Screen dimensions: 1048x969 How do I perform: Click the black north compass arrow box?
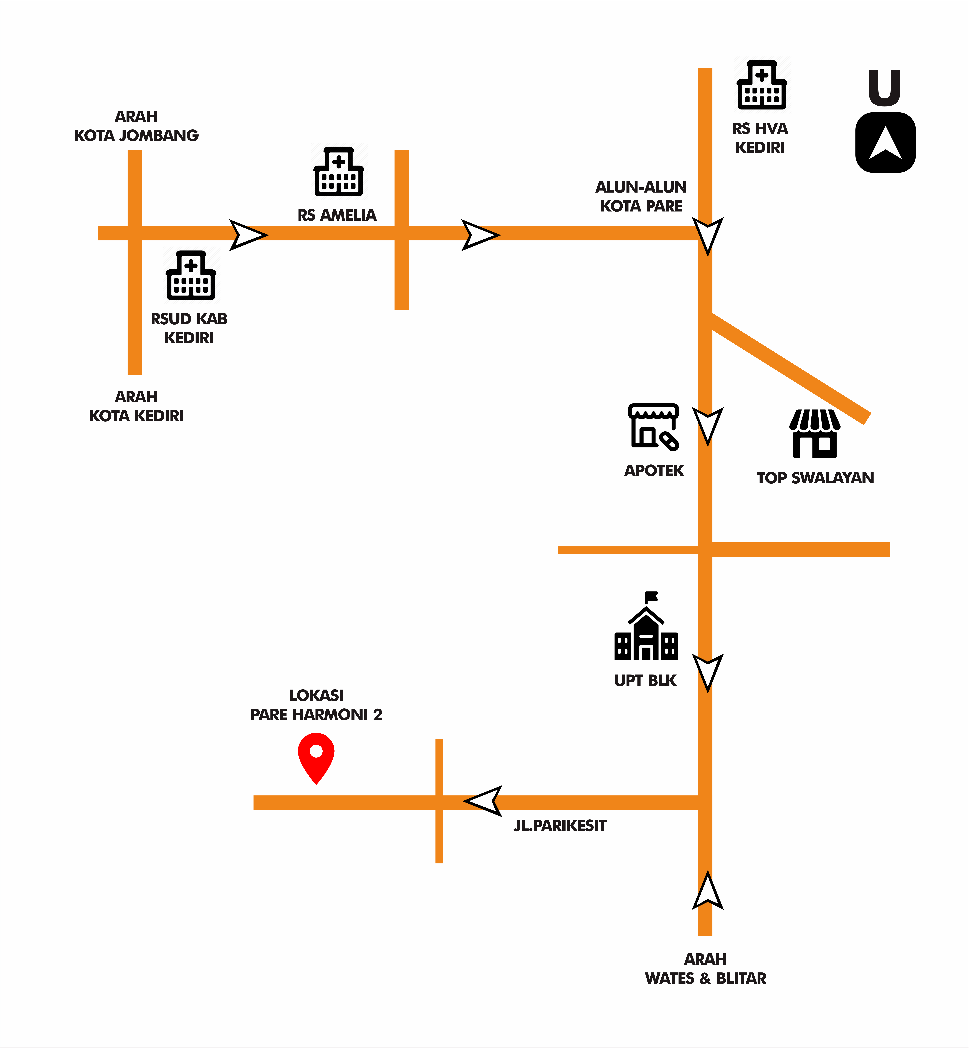(886, 142)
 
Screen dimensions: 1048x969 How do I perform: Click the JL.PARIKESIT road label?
(560, 825)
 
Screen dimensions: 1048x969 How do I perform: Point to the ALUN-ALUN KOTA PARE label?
(641, 196)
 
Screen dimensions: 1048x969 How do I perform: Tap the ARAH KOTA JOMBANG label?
(136, 126)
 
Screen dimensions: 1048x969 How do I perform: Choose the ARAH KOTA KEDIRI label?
(136, 406)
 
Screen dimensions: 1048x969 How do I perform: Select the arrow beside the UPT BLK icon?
(708, 672)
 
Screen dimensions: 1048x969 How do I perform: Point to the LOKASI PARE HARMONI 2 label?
(316, 705)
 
